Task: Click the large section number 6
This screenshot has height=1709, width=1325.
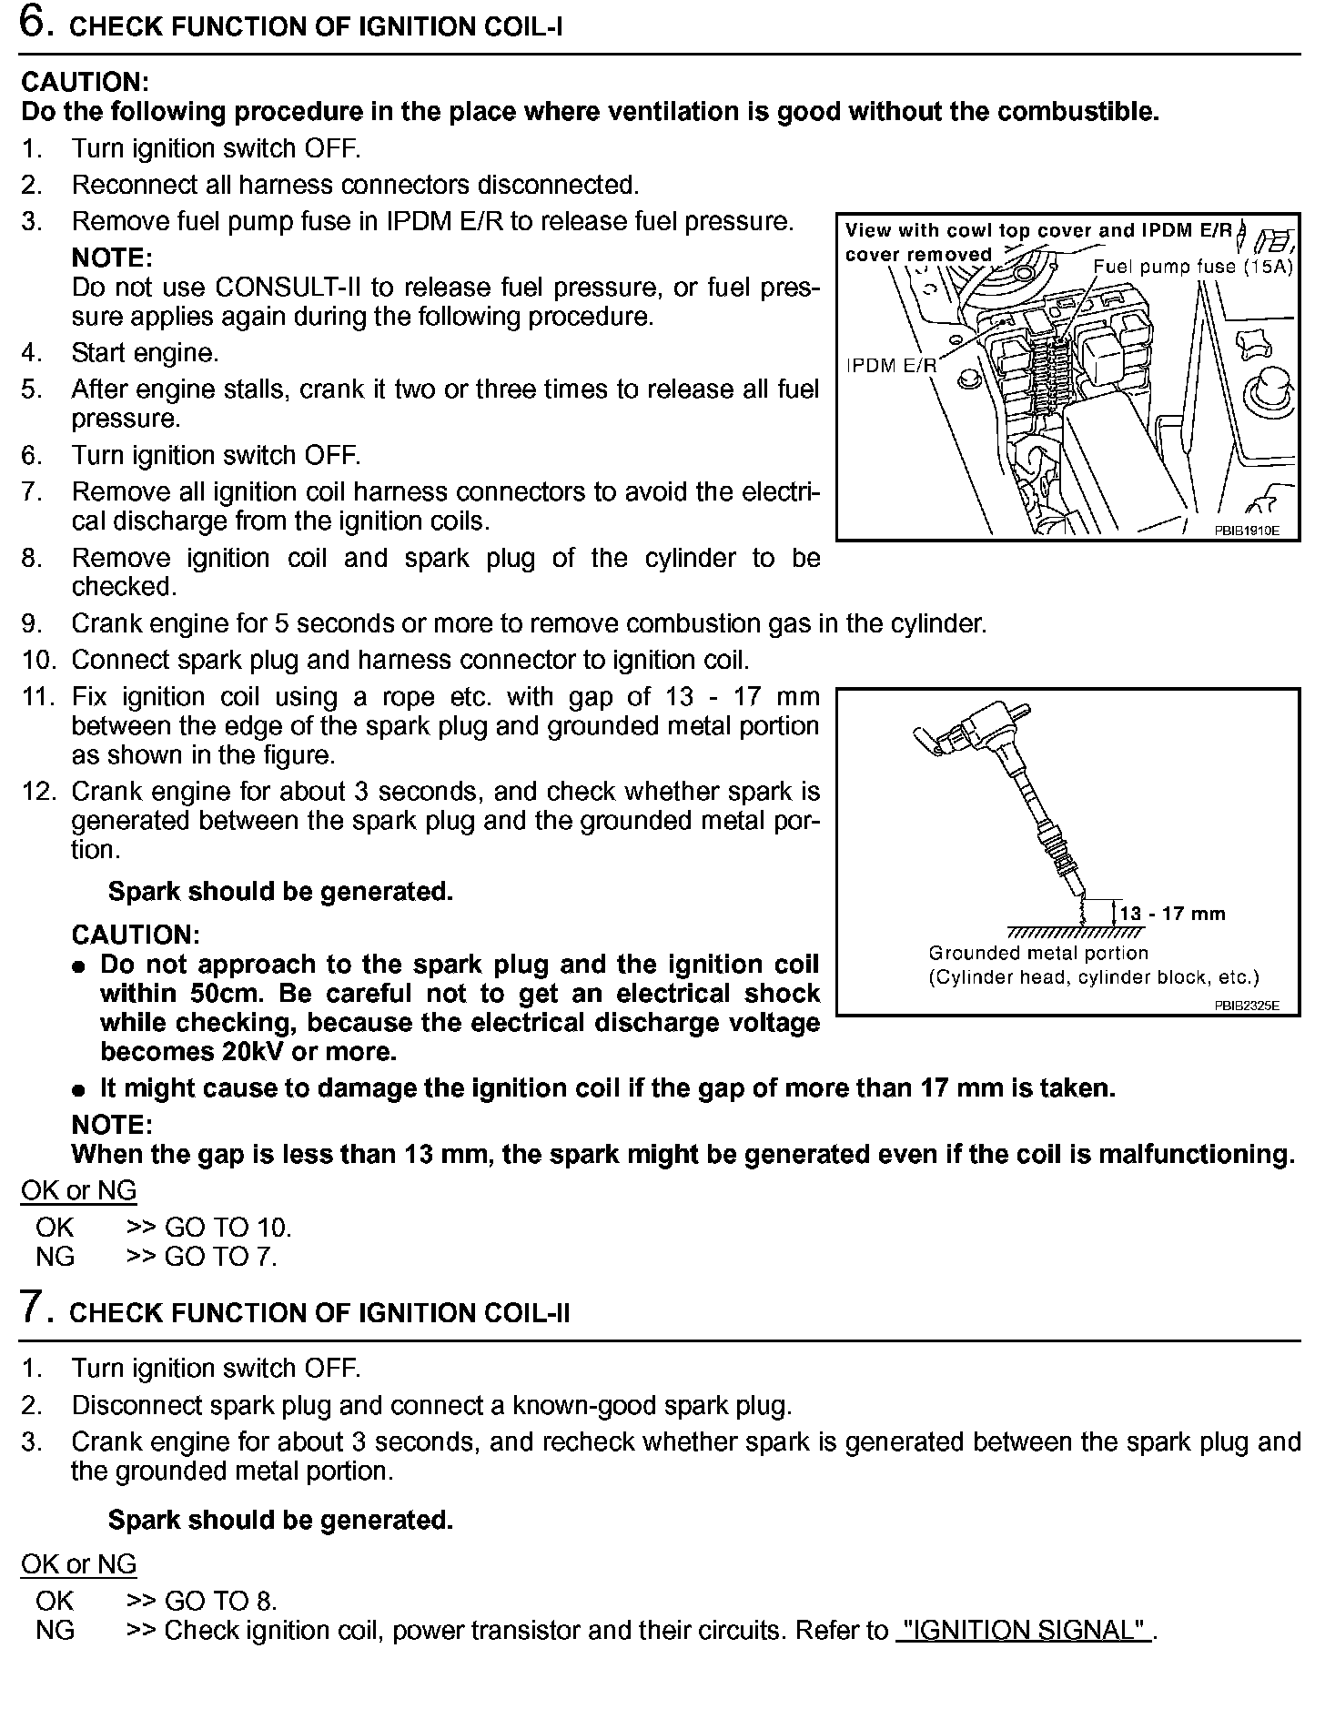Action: [35, 24]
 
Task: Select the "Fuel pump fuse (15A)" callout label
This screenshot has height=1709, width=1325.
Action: [1192, 267]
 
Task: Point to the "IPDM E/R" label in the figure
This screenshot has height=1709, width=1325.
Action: [891, 366]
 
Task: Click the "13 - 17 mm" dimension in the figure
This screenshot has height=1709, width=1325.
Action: [1172, 914]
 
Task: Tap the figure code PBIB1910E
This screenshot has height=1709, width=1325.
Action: [1246, 531]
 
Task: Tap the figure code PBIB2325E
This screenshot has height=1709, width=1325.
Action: [1246, 1006]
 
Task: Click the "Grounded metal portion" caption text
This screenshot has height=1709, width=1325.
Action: [1038, 953]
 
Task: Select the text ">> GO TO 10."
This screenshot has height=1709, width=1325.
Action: [208, 1228]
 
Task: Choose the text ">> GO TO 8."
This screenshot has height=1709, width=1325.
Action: [201, 1601]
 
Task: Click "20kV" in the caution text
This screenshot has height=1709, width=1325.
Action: [256, 1052]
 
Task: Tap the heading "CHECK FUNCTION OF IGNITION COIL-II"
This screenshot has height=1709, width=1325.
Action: [320, 1313]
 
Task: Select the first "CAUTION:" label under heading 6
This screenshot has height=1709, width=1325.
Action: [85, 82]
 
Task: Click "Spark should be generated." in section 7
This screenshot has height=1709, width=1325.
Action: [280, 1521]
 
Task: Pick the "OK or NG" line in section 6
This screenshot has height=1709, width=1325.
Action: [78, 1190]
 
